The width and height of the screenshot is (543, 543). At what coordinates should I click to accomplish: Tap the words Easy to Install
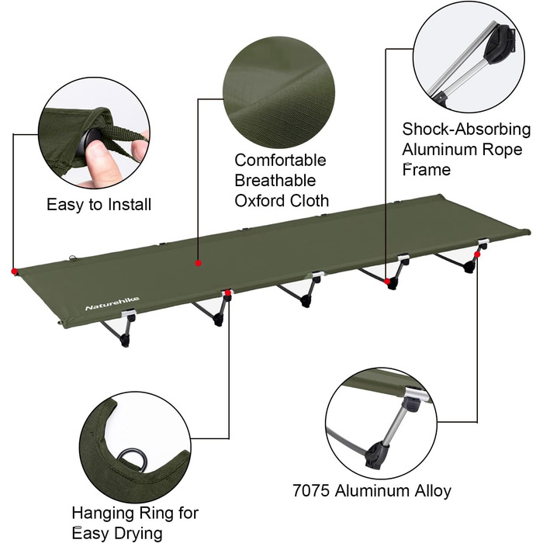(x=99, y=205)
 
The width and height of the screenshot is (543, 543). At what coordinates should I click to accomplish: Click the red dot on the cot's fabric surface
(x=199, y=264)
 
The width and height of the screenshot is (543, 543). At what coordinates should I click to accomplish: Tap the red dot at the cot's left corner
(x=14, y=271)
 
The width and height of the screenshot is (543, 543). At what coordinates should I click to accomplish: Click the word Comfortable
(x=280, y=161)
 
